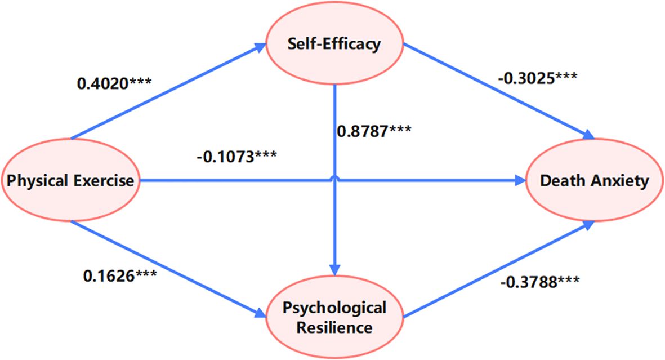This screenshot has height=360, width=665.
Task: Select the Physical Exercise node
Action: tap(70, 181)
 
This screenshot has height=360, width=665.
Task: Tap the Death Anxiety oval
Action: tap(595, 180)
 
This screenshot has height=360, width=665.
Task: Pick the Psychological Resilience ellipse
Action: tap(335, 317)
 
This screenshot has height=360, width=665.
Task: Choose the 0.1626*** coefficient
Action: tap(120, 276)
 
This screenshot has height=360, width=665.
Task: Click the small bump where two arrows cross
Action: tap(336, 178)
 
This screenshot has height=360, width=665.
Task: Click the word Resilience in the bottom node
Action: tap(335, 327)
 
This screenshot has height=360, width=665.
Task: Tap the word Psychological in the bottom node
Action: tap(335, 308)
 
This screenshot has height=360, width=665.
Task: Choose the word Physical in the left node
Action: tap(39, 181)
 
